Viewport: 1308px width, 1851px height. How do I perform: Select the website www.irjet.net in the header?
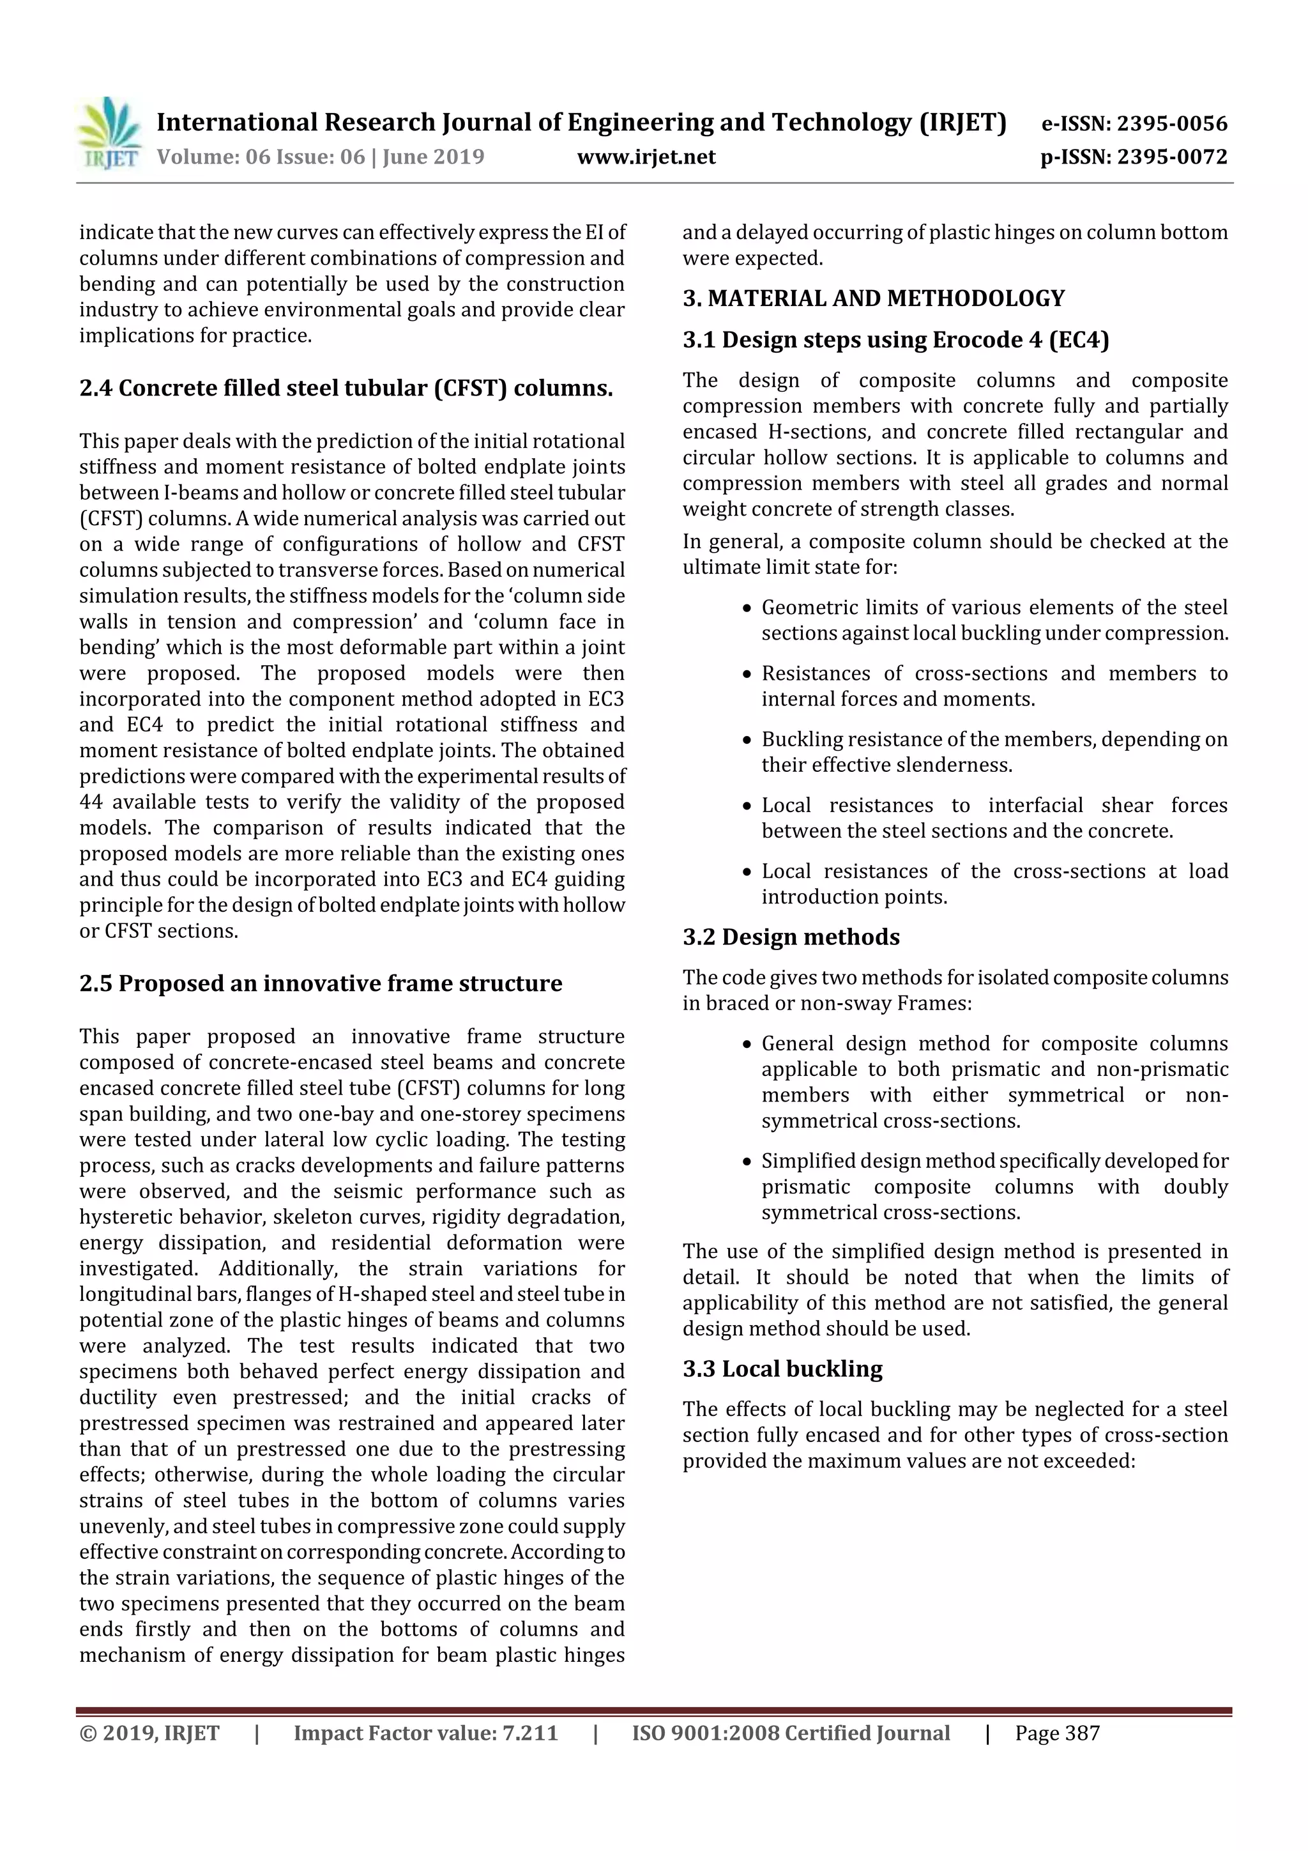point(646,157)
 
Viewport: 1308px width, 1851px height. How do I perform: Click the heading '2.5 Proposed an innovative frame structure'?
point(321,983)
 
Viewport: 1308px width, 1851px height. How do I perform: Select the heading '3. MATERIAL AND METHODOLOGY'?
point(874,299)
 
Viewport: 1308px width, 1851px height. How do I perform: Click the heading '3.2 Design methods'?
point(791,937)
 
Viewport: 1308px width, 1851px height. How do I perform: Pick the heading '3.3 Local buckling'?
point(782,1369)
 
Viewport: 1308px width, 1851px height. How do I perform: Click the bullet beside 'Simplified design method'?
point(747,1162)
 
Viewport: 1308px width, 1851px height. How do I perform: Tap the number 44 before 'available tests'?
point(92,802)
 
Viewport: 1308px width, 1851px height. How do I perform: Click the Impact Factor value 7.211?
point(529,1733)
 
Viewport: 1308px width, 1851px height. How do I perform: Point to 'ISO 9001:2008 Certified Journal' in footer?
point(791,1733)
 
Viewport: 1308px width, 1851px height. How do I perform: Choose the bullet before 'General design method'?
point(747,1045)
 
